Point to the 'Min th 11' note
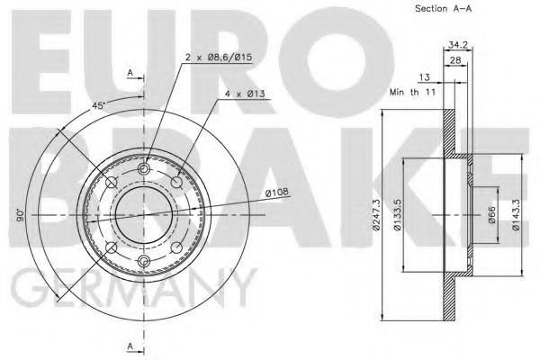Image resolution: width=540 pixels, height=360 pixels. pos(411,92)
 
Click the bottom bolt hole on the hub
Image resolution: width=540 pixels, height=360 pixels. pos(144,262)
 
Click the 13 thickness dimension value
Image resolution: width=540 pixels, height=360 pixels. pos(424,78)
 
